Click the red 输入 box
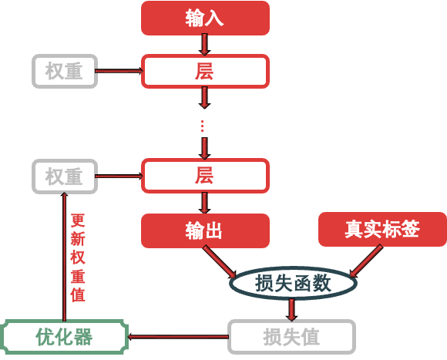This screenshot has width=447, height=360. (x=205, y=18)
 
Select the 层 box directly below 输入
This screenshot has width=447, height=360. (x=205, y=72)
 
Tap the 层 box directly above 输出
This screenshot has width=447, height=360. (x=205, y=176)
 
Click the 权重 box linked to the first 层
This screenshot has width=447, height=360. (x=65, y=72)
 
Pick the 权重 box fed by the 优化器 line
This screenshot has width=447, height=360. (x=65, y=177)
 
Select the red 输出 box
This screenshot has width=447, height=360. (x=205, y=230)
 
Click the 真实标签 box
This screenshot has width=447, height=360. (x=382, y=230)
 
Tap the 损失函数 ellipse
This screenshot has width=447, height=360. (x=293, y=283)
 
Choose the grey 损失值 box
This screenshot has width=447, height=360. (x=291, y=337)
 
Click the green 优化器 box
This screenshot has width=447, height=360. (x=64, y=337)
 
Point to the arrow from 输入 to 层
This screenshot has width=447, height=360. (x=205, y=44)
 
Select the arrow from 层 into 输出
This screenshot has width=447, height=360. (x=205, y=203)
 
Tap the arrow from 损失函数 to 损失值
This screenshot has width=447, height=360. (x=291, y=309)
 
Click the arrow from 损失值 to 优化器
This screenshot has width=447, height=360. (x=177, y=337)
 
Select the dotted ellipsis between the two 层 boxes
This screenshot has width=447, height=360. (x=203, y=124)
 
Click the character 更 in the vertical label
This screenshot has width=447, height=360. (x=77, y=220)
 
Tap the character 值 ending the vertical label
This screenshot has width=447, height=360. (x=77, y=294)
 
